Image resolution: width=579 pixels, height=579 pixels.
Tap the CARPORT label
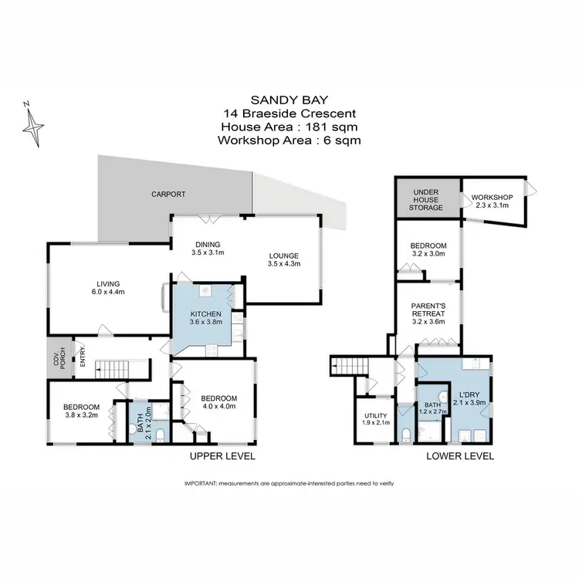pos(168,195)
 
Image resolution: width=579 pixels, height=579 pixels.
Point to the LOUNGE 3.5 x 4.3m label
pos(283,260)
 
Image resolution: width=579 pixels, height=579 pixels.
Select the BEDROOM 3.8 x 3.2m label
pos(81,411)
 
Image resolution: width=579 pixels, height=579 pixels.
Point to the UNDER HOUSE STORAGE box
pos(427,198)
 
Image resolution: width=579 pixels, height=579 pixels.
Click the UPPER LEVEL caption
pos(223,456)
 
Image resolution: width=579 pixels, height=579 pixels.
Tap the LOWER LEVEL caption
pos(460,456)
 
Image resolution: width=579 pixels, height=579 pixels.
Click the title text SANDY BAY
pos(289,100)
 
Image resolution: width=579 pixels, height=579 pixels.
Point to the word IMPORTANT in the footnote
pos(201,483)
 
